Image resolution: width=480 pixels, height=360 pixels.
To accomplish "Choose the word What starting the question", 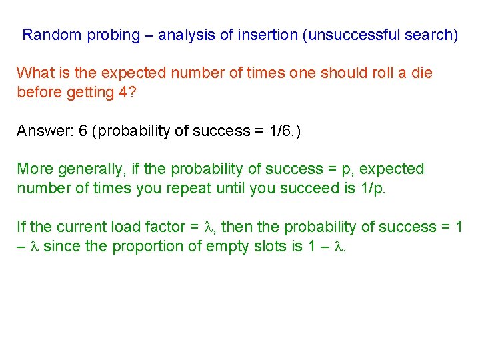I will (34, 73).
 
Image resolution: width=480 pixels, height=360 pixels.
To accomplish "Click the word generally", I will (85, 169).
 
